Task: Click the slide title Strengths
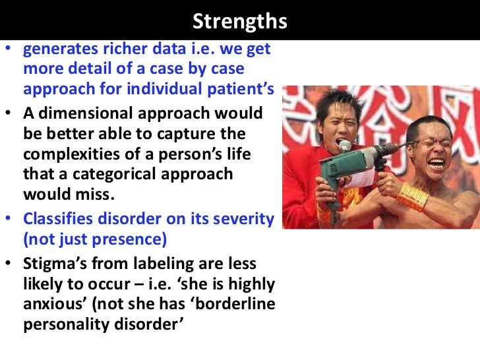tap(240, 21)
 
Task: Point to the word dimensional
tap(98, 113)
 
